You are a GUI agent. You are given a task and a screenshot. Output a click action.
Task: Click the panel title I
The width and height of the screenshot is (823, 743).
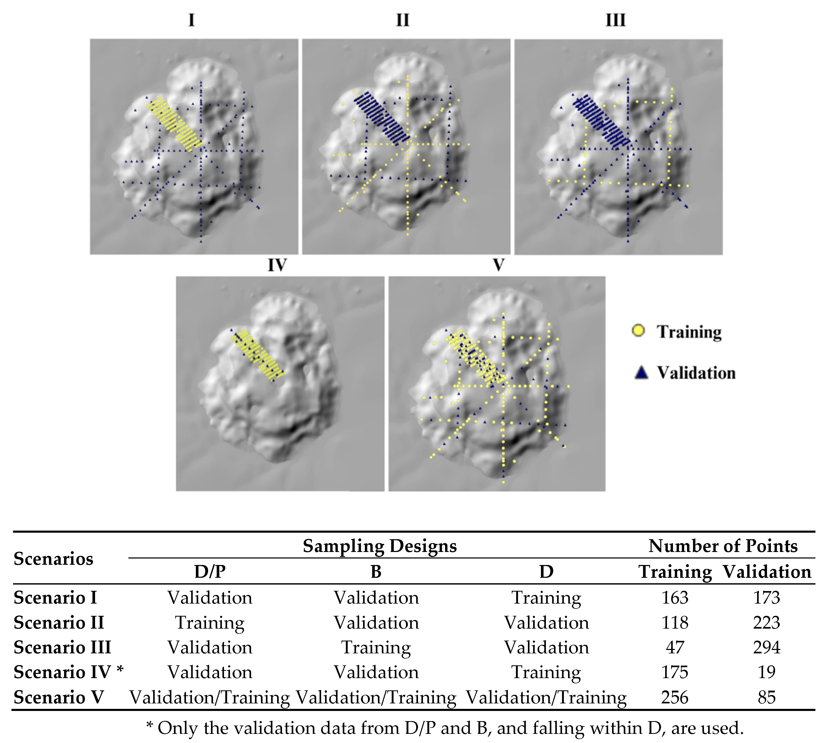point(191,20)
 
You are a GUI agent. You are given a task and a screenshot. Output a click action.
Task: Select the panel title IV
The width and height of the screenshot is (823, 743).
point(277,265)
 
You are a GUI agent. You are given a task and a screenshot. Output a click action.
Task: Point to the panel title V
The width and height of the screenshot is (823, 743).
point(498,265)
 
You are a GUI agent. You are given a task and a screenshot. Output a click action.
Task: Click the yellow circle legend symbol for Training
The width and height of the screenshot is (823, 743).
point(638,331)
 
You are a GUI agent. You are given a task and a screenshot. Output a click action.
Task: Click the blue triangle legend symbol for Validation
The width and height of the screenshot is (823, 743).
point(641,373)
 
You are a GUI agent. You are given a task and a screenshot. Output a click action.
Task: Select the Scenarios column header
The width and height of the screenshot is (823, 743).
point(53,558)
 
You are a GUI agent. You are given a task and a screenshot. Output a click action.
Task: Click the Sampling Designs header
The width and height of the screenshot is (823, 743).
point(379,546)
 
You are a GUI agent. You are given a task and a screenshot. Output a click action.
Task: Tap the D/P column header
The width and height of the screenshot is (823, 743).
point(210,572)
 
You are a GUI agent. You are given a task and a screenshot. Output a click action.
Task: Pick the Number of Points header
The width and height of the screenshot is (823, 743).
point(723,546)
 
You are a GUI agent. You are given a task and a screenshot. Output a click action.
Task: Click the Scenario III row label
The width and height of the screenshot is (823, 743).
point(62,647)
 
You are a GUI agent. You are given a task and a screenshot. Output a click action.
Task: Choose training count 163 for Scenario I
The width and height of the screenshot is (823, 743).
point(675,598)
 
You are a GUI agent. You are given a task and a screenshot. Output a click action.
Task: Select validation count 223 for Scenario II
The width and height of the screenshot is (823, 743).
point(766,623)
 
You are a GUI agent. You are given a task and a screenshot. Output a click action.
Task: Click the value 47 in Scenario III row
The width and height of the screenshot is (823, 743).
point(675,647)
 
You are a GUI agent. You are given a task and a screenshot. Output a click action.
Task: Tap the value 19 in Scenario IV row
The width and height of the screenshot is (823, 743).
point(766,672)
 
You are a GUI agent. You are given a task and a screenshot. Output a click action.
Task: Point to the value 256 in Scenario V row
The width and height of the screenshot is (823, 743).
point(675,697)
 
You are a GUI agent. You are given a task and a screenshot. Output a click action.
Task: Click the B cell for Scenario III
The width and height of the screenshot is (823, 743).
point(376,647)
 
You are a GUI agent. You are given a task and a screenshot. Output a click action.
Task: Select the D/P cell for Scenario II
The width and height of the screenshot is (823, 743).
point(210,623)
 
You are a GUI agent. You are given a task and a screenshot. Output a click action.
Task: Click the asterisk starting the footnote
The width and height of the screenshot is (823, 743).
point(149,726)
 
